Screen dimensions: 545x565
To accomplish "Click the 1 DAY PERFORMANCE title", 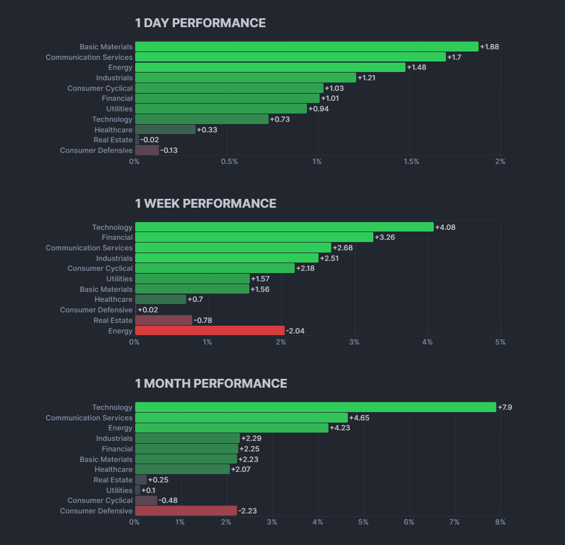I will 200,23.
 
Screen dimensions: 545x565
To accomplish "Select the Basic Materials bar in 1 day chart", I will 306,47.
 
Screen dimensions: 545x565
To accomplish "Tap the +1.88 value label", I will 490,47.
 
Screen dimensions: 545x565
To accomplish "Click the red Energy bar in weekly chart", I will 209,331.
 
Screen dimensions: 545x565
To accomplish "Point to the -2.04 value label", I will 295,331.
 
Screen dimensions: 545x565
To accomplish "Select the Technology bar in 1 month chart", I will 315,407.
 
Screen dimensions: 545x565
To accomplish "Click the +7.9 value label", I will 505,407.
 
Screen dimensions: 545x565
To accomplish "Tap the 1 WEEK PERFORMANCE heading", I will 206,203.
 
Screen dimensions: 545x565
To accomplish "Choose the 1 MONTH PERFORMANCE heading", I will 211,383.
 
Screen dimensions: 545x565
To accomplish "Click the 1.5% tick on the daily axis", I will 411,162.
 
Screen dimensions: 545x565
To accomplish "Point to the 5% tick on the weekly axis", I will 500,342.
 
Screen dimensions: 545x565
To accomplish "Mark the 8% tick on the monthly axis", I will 500,522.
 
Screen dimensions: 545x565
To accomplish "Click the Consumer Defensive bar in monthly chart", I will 186,511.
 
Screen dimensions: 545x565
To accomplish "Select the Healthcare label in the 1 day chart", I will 114,130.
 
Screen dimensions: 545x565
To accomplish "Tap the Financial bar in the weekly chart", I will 254,237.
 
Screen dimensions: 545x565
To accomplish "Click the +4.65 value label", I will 359,418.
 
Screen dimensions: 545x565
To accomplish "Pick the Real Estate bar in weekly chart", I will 163,320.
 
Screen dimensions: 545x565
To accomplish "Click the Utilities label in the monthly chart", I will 120,490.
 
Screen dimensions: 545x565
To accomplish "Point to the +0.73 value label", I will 280,119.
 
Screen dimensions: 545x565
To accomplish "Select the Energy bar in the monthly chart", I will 232,428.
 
